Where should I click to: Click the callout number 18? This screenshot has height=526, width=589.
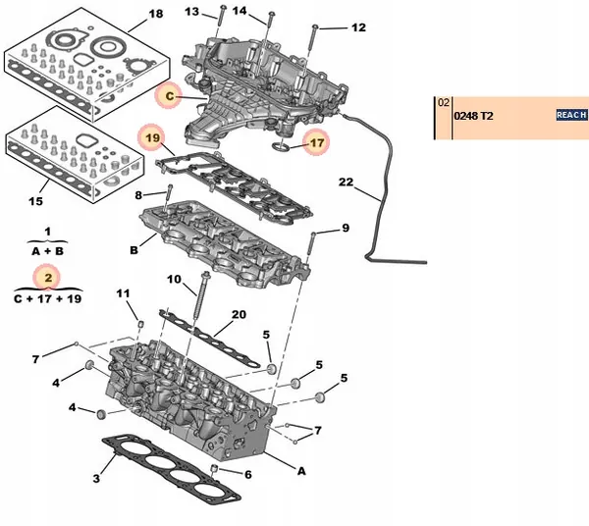click(x=155, y=15)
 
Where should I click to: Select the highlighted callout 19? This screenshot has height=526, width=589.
click(x=152, y=139)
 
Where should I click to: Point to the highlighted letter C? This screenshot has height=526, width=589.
click(x=169, y=96)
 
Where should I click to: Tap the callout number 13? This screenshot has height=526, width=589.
click(x=191, y=12)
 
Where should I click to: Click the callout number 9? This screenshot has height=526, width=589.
click(x=345, y=229)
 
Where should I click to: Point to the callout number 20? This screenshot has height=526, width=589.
click(x=238, y=315)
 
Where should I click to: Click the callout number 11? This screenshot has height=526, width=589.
click(x=123, y=293)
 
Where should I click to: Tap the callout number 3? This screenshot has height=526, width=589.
click(x=96, y=479)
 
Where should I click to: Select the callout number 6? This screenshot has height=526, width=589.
click(x=247, y=475)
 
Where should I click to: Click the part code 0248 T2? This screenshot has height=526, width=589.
click(x=473, y=116)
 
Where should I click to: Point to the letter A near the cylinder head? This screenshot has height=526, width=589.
click(x=301, y=470)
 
